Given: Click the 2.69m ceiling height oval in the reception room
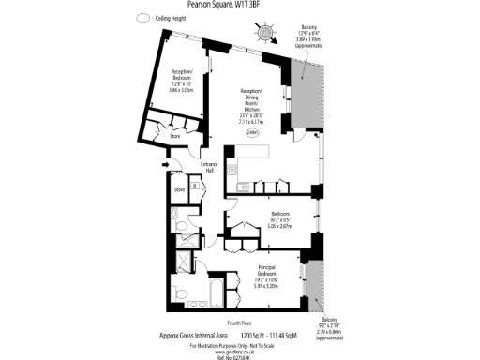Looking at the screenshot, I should click(x=253, y=132).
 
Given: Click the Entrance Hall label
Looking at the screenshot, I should click(x=210, y=168).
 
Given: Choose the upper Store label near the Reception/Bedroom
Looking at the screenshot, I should click(x=174, y=138).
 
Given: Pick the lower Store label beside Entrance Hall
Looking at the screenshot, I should click(x=179, y=191).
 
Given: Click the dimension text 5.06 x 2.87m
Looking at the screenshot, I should click(x=281, y=226).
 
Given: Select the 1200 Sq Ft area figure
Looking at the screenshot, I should click(x=249, y=335).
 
